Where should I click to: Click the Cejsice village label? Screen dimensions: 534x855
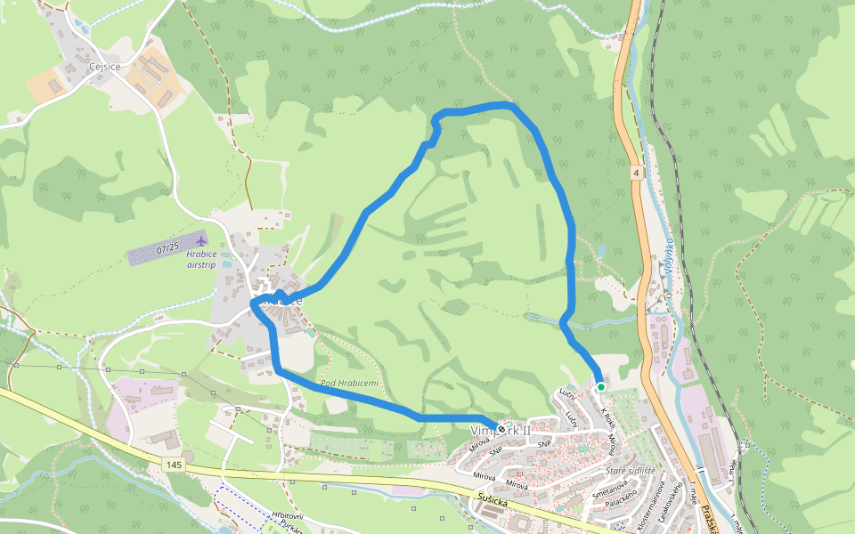click(x=105, y=66)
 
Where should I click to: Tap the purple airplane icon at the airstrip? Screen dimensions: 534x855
click(x=201, y=240)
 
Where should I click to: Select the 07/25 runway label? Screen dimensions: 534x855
click(x=167, y=250)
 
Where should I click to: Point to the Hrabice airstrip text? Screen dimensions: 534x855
click(x=202, y=259)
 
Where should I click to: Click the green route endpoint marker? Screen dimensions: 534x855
click(x=601, y=387)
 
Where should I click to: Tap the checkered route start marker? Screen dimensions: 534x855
click(x=502, y=429)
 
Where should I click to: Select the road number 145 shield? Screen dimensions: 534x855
click(x=173, y=465)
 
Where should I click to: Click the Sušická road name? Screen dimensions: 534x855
click(x=493, y=501)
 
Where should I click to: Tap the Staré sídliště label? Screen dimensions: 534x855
click(x=631, y=470)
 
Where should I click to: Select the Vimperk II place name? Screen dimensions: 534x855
click(x=500, y=431)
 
